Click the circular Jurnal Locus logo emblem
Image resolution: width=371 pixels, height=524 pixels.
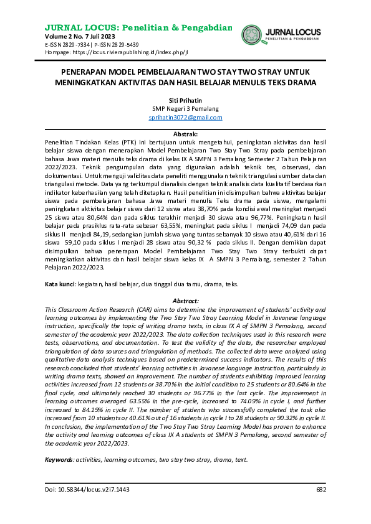pos(252,35)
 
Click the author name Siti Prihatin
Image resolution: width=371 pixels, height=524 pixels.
pos(185,101)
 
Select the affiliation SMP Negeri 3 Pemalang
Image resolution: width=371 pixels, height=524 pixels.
pos(185,109)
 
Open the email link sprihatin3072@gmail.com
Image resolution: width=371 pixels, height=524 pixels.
pos(185,117)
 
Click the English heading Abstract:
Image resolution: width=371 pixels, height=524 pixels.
pos(185,300)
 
